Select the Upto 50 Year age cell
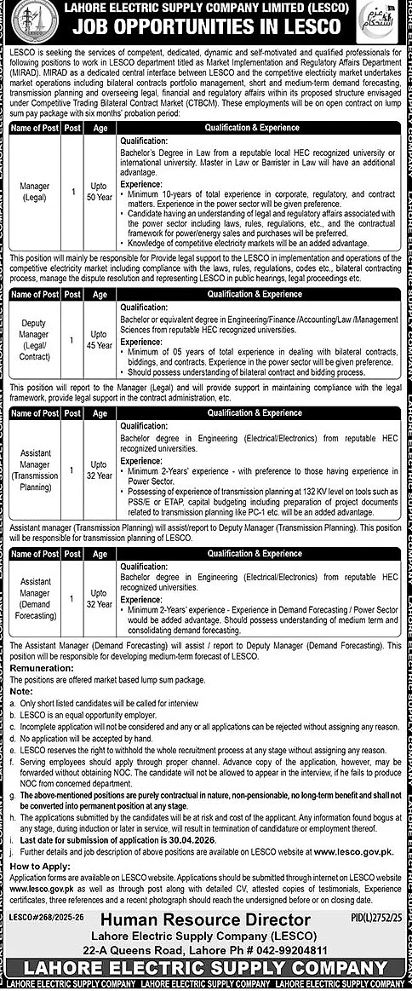100,192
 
